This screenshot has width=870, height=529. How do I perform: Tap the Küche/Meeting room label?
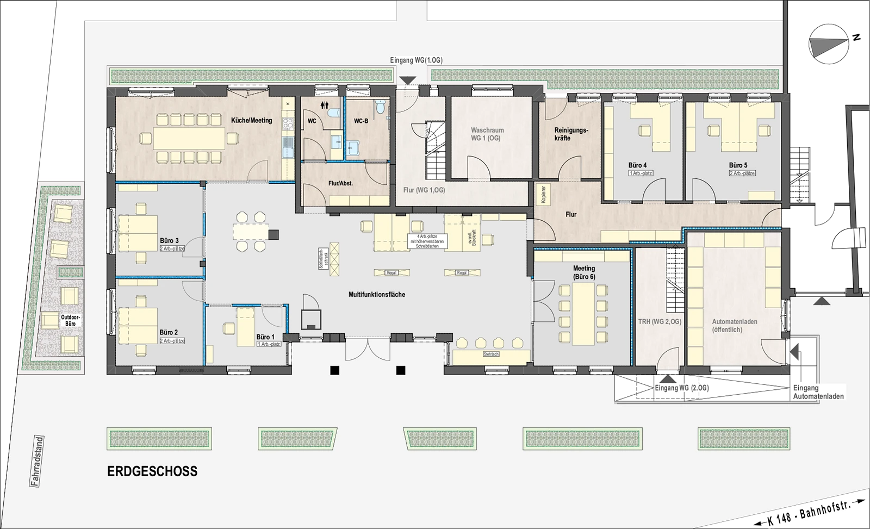click(251, 120)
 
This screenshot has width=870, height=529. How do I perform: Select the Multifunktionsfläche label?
click(377, 294)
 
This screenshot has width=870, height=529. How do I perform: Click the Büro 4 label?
click(637, 165)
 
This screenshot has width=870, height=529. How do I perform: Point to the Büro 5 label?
click(738, 165)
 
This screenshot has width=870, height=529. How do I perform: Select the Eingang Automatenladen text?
click(818, 392)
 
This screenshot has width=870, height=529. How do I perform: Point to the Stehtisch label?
click(490, 354)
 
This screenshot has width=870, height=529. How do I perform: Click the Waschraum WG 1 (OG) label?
click(487, 134)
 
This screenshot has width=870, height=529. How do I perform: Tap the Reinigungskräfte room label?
click(571, 134)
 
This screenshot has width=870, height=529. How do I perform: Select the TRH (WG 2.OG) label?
click(660, 321)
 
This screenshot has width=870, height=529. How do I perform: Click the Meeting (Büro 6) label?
click(583, 272)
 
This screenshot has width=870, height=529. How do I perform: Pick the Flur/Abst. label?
click(341, 183)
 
